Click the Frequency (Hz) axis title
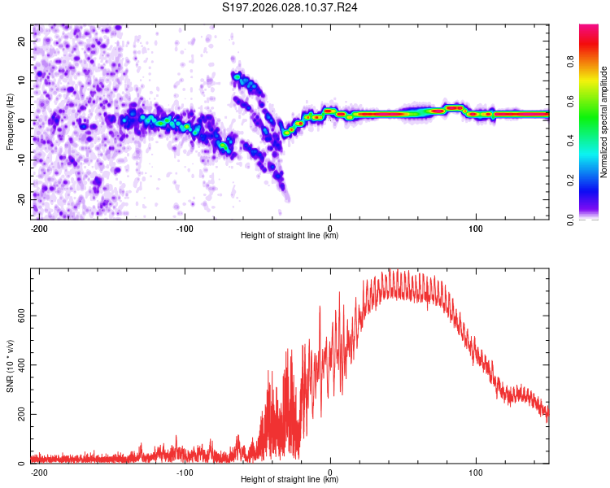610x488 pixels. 10,121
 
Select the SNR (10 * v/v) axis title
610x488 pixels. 10,365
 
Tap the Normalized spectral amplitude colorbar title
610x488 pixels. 604,121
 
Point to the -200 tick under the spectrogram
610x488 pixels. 38,228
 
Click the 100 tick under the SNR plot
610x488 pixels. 476,472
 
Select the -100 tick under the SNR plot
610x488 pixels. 185,472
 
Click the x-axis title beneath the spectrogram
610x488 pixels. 290,236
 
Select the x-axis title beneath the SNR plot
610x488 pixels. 290,480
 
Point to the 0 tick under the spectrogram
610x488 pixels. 330,228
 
